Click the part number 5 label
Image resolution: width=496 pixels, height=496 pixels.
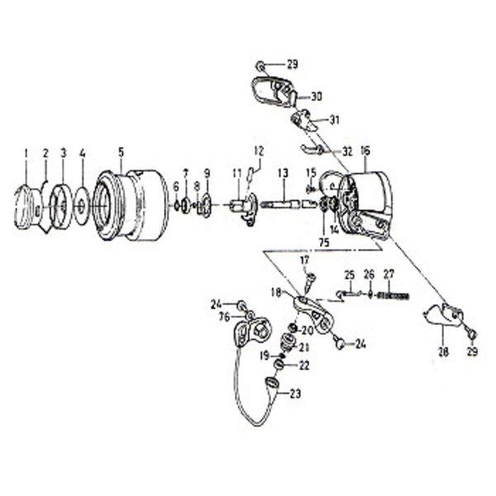(121, 151)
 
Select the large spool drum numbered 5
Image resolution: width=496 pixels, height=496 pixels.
(128, 207)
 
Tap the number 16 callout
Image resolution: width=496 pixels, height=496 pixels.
(365, 151)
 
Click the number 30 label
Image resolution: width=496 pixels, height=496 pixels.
(317, 96)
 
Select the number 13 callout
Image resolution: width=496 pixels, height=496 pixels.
(282, 174)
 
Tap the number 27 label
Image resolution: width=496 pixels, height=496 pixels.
(390, 274)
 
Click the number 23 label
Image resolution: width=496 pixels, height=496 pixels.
(295, 394)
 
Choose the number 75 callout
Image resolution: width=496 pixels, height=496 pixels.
(324, 242)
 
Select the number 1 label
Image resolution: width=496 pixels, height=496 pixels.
(26, 153)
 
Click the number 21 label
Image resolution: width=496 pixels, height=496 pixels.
(304, 346)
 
